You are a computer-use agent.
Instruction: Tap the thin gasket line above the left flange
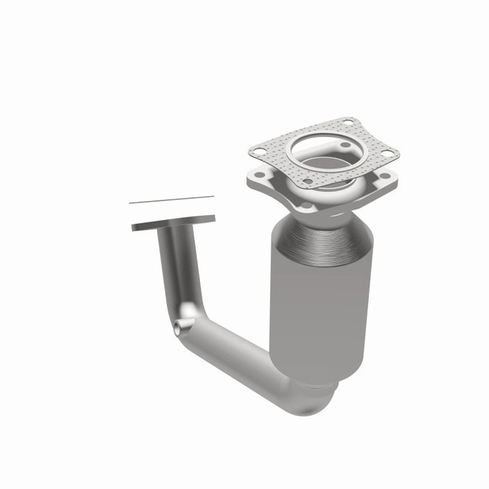coord(171,200)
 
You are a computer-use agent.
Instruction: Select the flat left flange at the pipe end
coord(173,222)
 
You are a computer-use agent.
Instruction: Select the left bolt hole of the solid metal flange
coord(259,175)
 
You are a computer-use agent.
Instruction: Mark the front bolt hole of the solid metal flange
coord(305,206)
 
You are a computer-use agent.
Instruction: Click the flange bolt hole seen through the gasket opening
coord(342,145)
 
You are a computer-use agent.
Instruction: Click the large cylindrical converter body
coord(320,300)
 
